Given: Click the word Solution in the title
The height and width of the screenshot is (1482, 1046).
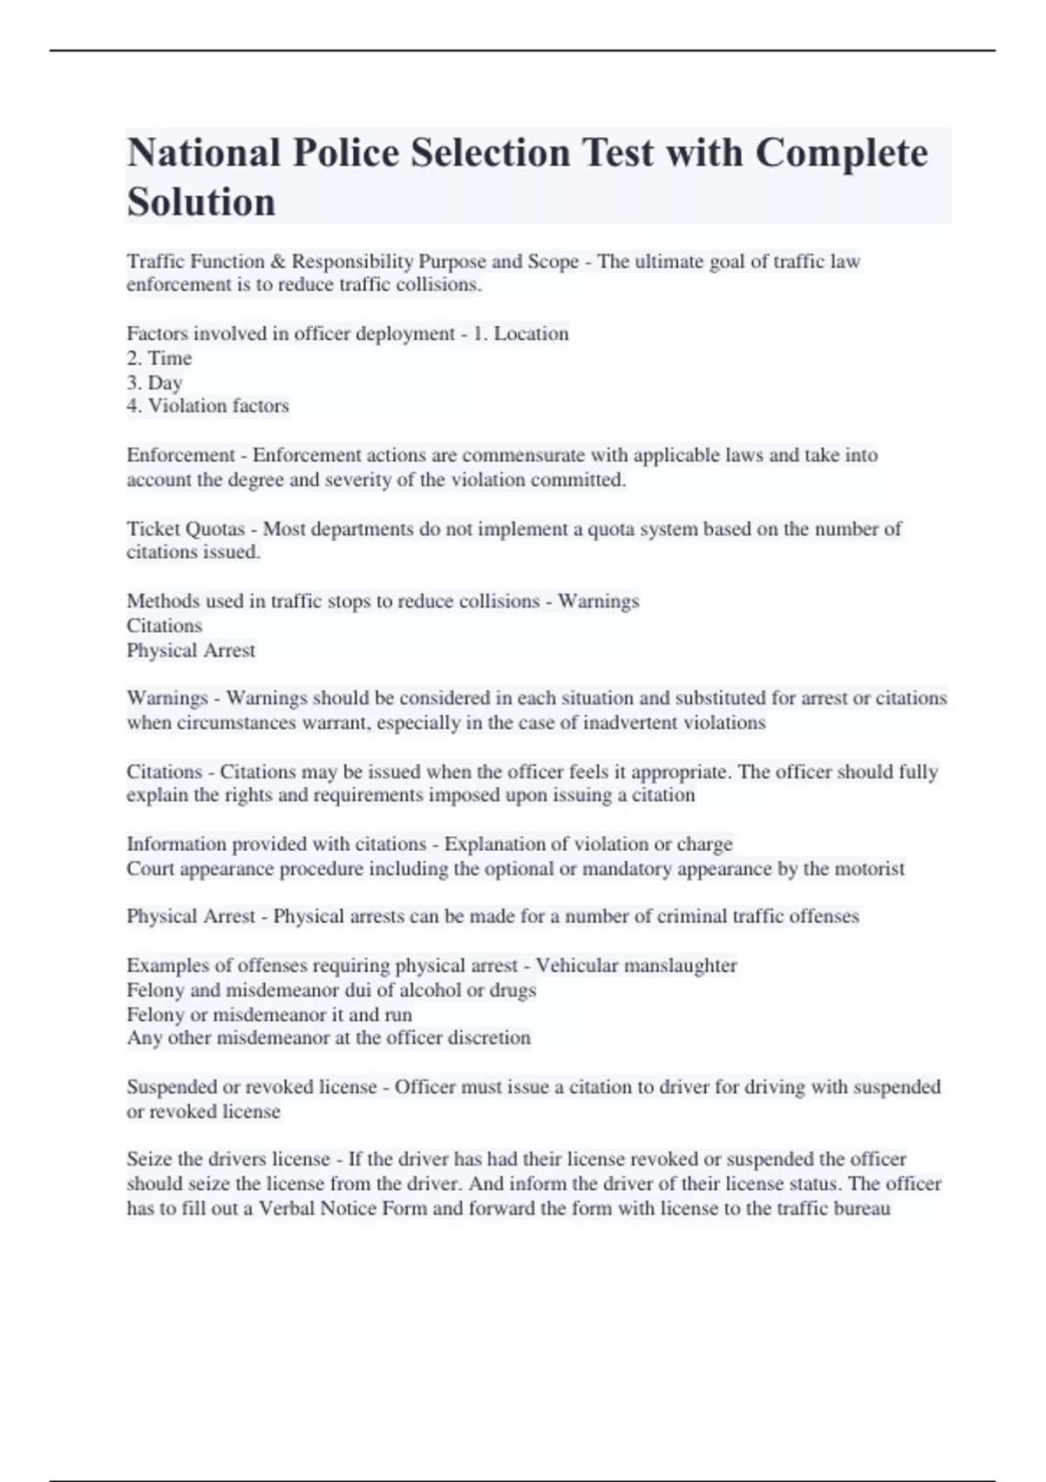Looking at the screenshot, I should coord(201,202).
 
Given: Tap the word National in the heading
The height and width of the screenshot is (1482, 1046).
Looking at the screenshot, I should coord(204,153).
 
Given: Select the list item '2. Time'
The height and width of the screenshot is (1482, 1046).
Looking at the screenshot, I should coord(160,358).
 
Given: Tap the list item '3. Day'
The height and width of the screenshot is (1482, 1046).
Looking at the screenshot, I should coord(154,383).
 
